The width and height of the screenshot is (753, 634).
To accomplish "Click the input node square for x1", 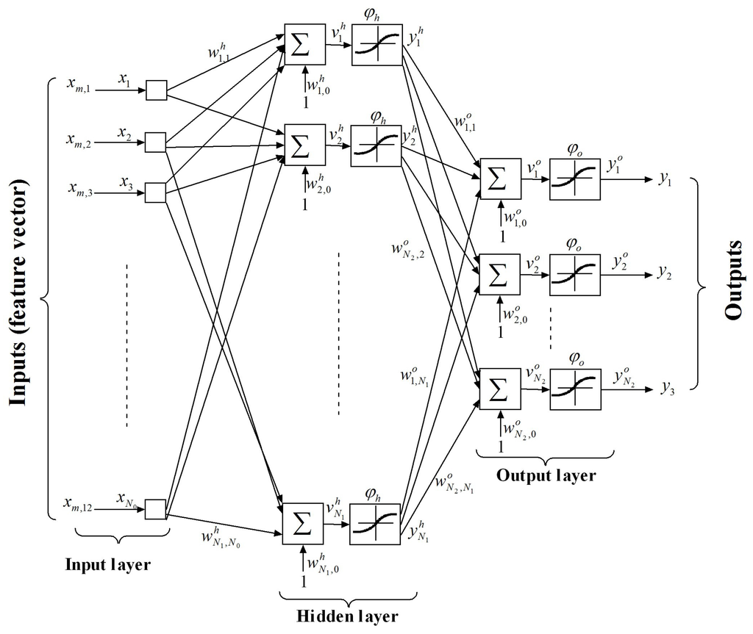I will pos(156,90).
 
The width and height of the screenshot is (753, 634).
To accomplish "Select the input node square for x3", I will pos(156,192).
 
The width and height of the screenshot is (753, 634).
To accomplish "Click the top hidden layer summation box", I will pos(304,45).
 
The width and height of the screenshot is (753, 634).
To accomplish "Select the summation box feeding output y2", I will pos(499,274).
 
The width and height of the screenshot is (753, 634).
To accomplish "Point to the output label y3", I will pos(668,386).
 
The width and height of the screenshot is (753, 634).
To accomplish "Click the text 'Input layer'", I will pos(108,565).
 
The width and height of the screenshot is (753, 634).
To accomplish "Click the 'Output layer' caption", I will pos(546,475).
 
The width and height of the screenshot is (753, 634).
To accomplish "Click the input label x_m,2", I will pos(76,140).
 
